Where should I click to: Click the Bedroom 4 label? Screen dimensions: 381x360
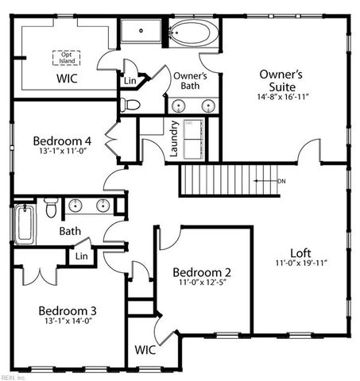pos(62,140)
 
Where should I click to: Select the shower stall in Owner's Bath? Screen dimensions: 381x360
pos(141,33)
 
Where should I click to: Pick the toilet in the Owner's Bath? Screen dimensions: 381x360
pos(130,104)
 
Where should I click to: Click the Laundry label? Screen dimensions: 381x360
pos(174,139)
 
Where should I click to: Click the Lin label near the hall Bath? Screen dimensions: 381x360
pos(81,256)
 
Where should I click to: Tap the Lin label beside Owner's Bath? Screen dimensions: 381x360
pos(130,80)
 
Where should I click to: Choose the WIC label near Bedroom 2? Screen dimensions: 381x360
pos(145,349)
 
